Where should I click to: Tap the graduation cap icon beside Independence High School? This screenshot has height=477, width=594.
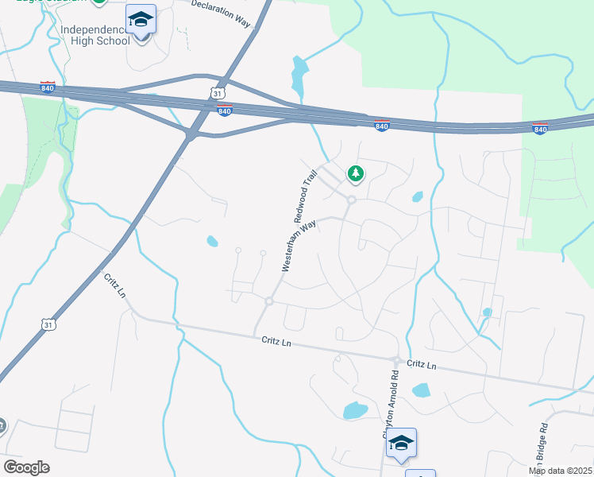click(x=141, y=19)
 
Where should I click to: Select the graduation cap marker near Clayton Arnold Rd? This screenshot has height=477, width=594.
click(x=401, y=442)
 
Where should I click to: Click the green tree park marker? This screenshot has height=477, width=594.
click(x=356, y=173)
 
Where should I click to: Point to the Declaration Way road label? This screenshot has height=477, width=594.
click(x=221, y=11)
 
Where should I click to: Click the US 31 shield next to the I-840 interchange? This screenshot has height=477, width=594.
click(x=218, y=93)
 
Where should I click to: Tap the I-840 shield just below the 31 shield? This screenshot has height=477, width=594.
click(x=225, y=111)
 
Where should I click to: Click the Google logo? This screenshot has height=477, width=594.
click(x=26, y=467)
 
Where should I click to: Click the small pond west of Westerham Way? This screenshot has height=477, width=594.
click(x=212, y=241)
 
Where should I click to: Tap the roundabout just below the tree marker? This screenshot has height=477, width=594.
click(x=350, y=200)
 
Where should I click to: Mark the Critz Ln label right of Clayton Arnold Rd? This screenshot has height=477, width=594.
click(x=422, y=364)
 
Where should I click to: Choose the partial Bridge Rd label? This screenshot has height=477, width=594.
click(x=543, y=437)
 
